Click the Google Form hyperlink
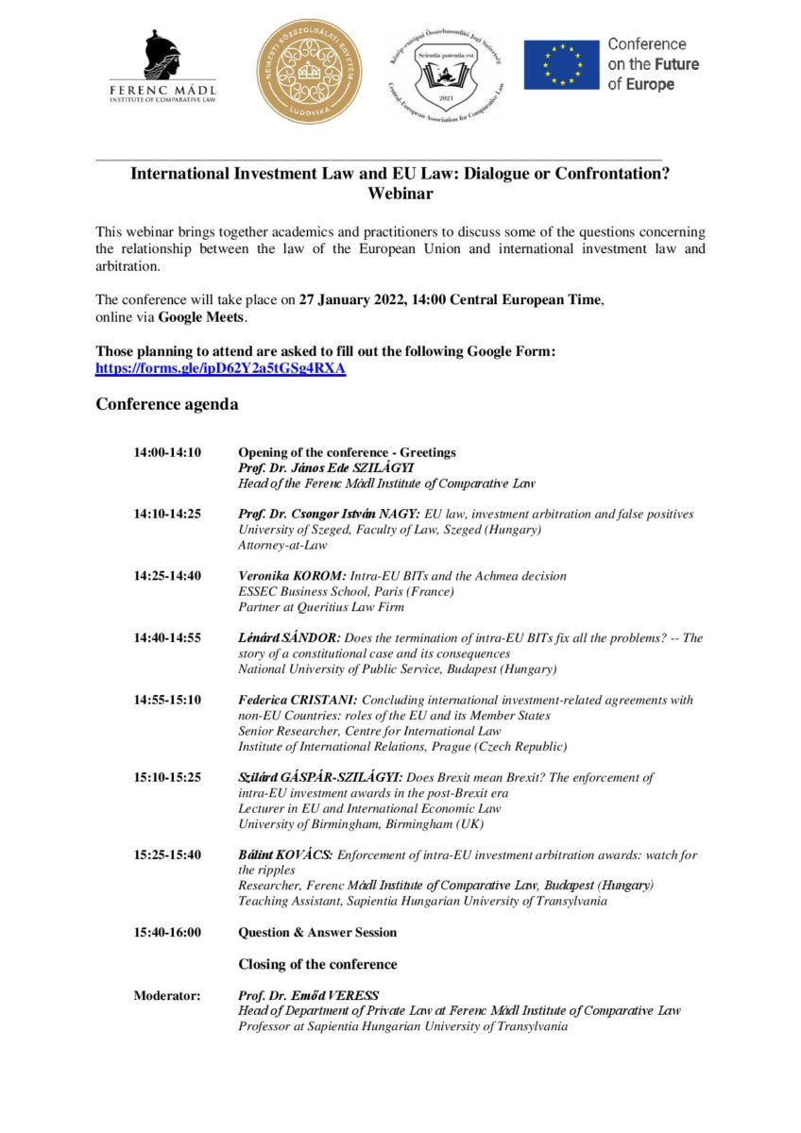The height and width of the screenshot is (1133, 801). (x=220, y=369)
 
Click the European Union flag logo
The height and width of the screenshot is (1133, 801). (x=561, y=65)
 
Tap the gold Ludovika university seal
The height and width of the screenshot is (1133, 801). (x=310, y=74)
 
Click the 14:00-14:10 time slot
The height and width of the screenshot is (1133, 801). (x=167, y=452)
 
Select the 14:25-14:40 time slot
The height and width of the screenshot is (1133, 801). (x=167, y=576)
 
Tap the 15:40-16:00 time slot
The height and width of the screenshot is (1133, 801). (x=167, y=933)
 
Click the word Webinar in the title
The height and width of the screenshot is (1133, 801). (x=400, y=194)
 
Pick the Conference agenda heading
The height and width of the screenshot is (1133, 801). (x=166, y=405)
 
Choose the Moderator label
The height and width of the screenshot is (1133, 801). (x=166, y=995)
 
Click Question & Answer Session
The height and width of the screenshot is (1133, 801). (x=316, y=933)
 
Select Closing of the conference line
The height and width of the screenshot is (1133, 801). (x=316, y=964)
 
